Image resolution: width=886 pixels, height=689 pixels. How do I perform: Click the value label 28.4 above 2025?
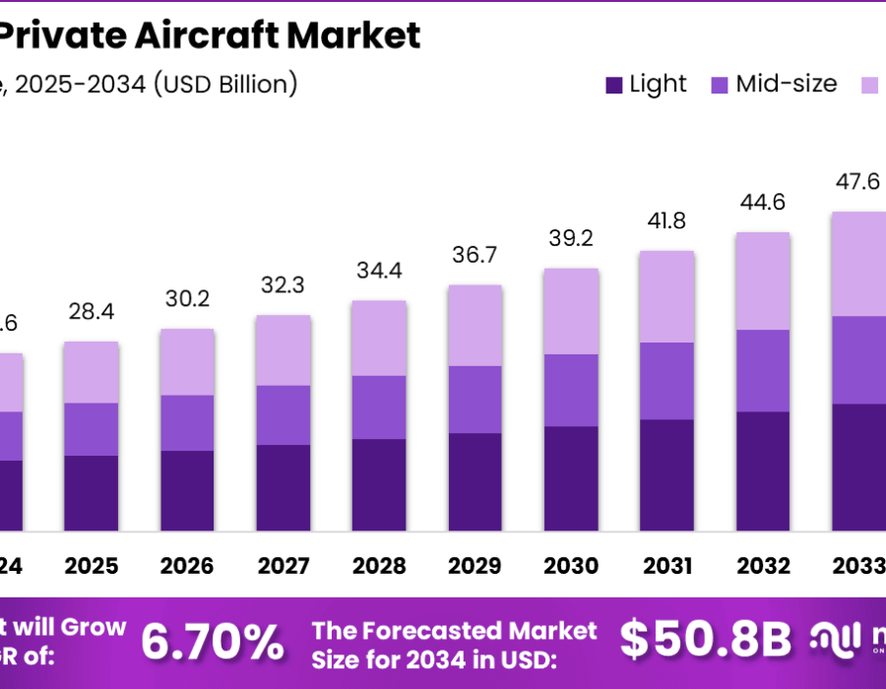(x=91, y=312)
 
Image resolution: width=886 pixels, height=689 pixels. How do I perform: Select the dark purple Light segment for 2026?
(x=187, y=490)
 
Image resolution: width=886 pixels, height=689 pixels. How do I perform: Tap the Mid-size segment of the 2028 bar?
(x=379, y=407)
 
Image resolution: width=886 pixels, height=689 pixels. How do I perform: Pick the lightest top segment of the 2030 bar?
(x=571, y=310)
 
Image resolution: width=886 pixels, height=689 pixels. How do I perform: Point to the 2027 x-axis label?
(x=283, y=566)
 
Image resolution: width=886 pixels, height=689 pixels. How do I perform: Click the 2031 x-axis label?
(x=666, y=566)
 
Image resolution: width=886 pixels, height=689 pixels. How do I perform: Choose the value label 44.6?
(x=763, y=202)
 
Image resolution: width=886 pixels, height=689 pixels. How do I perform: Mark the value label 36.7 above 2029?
(x=475, y=255)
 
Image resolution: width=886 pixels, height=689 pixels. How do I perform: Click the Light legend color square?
(x=613, y=86)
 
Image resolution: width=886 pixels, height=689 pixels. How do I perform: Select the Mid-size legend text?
(x=787, y=84)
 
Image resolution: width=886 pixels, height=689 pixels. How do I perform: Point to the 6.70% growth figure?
(x=212, y=642)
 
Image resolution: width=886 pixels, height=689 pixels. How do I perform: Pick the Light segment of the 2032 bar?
(x=763, y=470)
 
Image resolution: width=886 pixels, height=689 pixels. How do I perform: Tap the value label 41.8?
(x=666, y=220)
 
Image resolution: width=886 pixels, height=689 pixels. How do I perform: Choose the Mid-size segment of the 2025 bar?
(x=91, y=428)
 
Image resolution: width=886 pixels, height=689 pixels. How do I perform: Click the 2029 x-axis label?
(x=475, y=566)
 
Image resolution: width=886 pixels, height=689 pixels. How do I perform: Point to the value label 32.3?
(x=283, y=285)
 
